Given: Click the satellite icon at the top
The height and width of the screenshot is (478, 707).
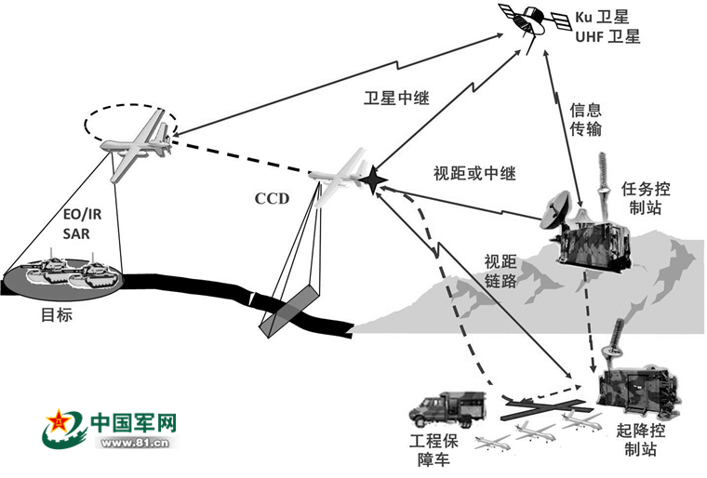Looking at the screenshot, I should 526,20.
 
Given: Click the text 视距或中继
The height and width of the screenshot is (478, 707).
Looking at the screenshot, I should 474,174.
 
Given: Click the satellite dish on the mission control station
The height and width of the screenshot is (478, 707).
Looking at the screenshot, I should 559,211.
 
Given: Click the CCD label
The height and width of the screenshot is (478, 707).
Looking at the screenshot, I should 272,198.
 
